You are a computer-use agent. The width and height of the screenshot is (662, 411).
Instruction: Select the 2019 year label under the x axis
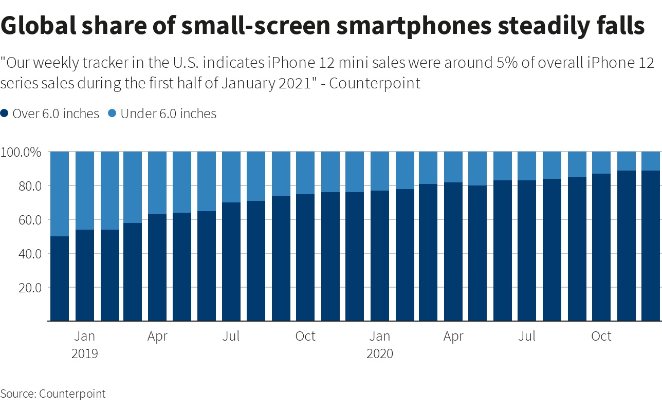click(x=85, y=353)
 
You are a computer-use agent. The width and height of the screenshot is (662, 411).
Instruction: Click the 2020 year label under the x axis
click(x=380, y=353)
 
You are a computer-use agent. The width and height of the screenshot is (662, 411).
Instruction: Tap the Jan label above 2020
click(x=380, y=337)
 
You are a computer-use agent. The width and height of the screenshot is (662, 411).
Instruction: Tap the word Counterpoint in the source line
click(x=72, y=394)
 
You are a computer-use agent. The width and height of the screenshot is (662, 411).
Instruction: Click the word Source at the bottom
click(x=17, y=394)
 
